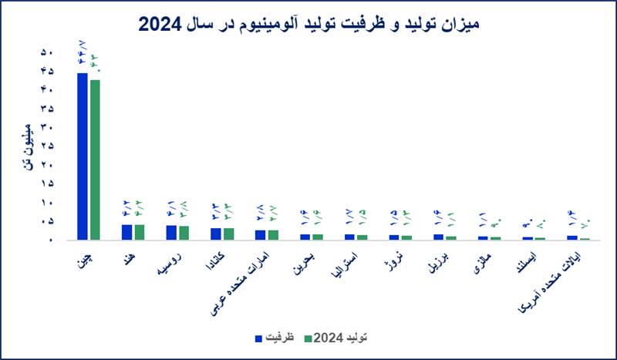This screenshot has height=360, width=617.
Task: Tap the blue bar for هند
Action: pyautogui.click(x=126, y=232)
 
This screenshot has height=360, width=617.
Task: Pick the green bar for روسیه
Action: pyautogui.click(x=184, y=233)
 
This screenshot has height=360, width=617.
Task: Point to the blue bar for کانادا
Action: pyautogui.click(x=216, y=234)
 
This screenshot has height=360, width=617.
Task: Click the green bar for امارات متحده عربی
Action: pyautogui.click(x=273, y=235)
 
